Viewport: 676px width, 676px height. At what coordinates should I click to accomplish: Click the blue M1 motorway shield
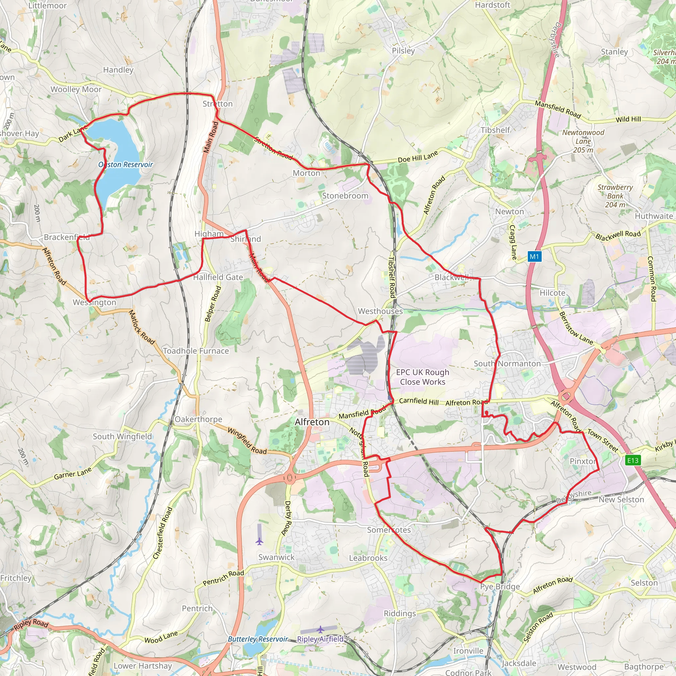point(534,256)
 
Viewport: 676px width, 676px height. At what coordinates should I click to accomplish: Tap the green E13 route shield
point(633,460)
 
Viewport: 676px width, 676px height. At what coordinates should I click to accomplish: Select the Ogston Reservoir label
point(126,164)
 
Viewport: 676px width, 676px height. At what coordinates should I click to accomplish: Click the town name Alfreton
point(312,422)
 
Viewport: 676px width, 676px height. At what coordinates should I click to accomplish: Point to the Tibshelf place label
point(495,130)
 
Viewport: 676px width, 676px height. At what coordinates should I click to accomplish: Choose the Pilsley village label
point(403,51)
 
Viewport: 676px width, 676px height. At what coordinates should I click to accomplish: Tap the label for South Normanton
point(507,363)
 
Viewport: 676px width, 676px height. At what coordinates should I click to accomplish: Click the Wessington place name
point(94,302)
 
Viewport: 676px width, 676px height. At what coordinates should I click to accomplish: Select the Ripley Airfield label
point(320,639)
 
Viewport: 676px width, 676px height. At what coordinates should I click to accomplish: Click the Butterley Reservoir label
point(257,639)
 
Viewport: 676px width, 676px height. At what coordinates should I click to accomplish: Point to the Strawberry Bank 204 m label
point(615,196)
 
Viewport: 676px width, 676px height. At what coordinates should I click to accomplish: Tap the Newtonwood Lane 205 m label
point(583,141)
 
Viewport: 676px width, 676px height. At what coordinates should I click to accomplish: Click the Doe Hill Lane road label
point(418,157)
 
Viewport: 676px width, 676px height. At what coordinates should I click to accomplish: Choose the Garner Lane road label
point(73,473)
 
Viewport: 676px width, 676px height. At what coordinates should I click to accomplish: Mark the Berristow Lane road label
point(576,328)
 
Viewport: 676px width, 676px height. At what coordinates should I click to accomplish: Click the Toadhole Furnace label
point(196,351)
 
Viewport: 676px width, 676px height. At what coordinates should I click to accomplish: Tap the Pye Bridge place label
point(500,587)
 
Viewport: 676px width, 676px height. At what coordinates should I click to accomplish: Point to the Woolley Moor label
point(76,89)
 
